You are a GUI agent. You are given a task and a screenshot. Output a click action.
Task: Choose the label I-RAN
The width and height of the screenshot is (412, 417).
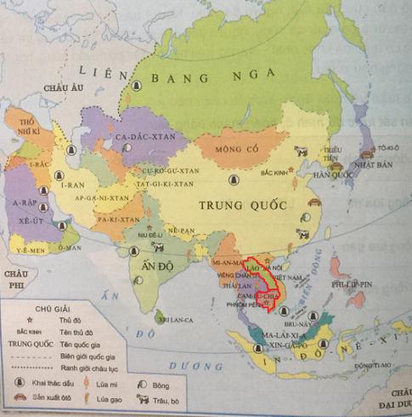69,183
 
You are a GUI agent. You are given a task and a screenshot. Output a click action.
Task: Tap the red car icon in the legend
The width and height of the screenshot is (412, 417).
17,399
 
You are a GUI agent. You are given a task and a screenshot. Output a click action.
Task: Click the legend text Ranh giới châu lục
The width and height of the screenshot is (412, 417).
87,368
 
